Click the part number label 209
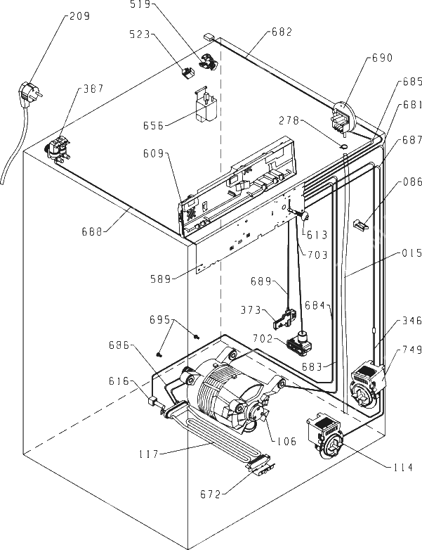tap(79, 16)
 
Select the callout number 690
tap(382, 58)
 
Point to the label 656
tap(153, 126)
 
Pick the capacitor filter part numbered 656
tap(205, 105)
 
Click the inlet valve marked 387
tap(58, 149)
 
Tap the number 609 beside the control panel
tap(153, 153)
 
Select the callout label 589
tap(161, 279)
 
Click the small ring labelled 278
tap(343, 146)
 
